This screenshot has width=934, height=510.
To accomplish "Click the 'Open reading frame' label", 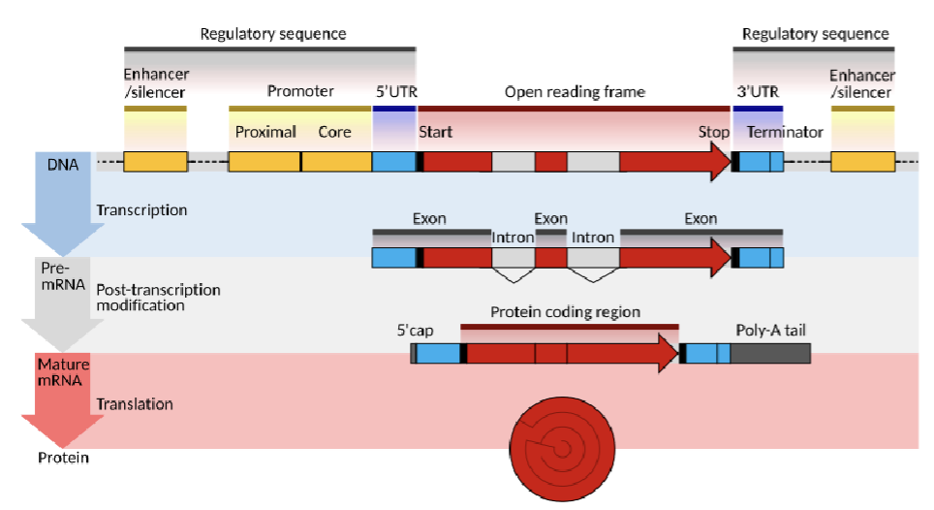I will tap(574, 92).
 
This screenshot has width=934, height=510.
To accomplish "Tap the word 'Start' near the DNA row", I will tap(435, 132).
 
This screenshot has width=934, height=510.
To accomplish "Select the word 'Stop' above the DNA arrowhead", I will tap(713, 132).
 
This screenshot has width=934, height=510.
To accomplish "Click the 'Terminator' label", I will tap(785, 132).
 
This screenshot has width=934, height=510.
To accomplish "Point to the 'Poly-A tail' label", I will tap(771, 331).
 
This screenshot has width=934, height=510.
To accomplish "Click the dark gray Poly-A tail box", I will tap(770, 354).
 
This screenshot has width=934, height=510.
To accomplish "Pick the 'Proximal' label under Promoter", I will tap(265, 132).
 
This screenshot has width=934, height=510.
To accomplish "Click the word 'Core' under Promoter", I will tap(334, 132).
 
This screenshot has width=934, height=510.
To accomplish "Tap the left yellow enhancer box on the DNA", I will tap(155, 162).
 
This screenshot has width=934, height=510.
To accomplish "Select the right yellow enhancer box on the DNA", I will tap(862, 162).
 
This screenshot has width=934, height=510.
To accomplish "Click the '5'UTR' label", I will tap(395, 92).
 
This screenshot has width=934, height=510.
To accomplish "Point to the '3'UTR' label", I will tap(757, 92).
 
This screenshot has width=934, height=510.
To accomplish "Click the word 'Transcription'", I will tap(141, 210).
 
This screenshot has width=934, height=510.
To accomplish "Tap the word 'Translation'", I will tap(135, 403).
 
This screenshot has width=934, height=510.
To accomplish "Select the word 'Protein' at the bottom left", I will tap(64, 458).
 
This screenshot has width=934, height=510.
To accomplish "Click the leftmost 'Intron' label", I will tap(513, 238).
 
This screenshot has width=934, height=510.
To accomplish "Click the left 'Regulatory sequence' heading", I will tap(272, 34).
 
